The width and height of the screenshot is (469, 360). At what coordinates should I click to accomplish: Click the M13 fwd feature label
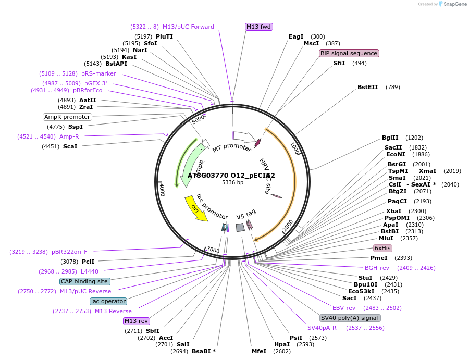pyautogui.click(x=259, y=27)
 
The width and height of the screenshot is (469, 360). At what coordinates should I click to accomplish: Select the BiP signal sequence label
pyautogui.click(x=349, y=53)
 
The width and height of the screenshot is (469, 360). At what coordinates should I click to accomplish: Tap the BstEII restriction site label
pyautogui.click(x=367, y=87)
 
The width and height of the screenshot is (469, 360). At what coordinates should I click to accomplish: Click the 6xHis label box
pyautogui.click(x=382, y=248)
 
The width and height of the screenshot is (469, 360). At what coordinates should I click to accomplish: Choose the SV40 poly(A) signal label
pyautogui.click(x=350, y=318)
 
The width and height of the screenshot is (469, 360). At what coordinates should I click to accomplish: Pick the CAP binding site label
pyautogui.click(x=84, y=281)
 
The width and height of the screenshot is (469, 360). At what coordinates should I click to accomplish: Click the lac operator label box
pyautogui.click(x=108, y=301)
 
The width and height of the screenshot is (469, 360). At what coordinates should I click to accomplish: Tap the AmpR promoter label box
pyautogui.click(x=67, y=117)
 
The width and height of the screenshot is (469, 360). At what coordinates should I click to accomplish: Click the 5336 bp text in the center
pyautogui.click(x=232, y=183)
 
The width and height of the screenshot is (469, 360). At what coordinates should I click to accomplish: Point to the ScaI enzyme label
pyautogui.click(x=70, y=146)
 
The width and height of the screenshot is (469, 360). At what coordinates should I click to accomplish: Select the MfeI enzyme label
pyautogui.click(x=258, y=351)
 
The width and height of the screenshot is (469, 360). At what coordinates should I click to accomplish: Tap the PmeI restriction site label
pyautogui.click(x=379, y=258)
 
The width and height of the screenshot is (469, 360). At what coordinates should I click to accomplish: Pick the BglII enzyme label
pyautogui.click(x=390, y=138)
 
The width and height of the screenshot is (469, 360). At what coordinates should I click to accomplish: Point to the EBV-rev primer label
pyautogui.click(x=344, y=308)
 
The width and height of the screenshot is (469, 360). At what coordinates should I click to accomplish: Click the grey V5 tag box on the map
pyautogui.click(x=240, y=227)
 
